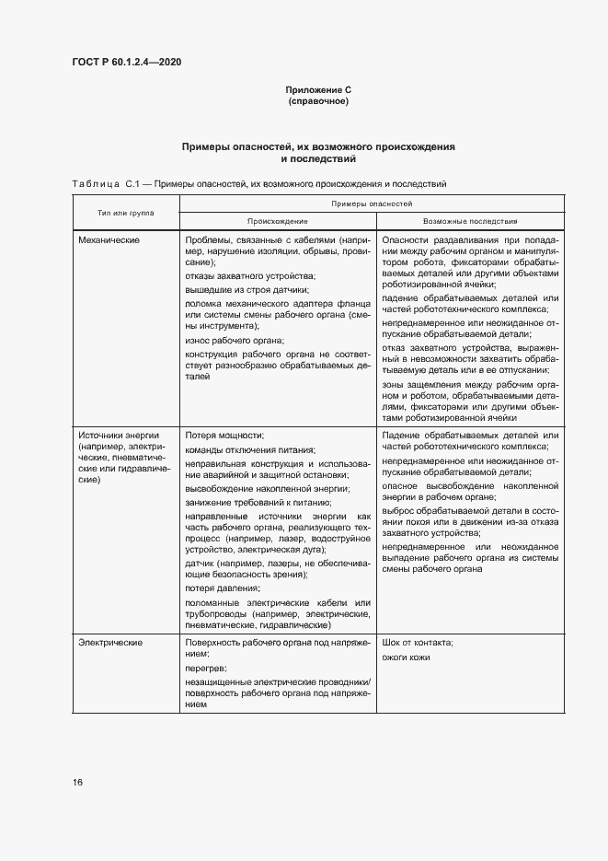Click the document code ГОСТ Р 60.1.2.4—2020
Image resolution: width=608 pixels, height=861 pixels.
pos(126,62)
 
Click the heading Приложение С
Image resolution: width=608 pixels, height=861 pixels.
pos(318,89)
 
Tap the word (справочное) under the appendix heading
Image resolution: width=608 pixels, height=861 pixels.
pos(318,100)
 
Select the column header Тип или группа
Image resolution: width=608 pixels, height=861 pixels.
pos(126,213)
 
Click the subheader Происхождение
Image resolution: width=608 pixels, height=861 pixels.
pos(277,222)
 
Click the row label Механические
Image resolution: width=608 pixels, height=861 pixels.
pos(109,239)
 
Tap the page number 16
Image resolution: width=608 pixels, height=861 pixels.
pos(77,782)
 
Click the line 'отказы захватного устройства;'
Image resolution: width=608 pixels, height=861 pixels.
pos(250,276)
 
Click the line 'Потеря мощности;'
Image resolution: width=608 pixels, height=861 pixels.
pos(224,435)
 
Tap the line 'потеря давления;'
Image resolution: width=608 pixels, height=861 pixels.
pos(223,588)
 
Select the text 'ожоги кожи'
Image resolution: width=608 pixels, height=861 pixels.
pos(406,657)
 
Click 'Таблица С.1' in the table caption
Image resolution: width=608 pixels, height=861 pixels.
pos(103,184)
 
